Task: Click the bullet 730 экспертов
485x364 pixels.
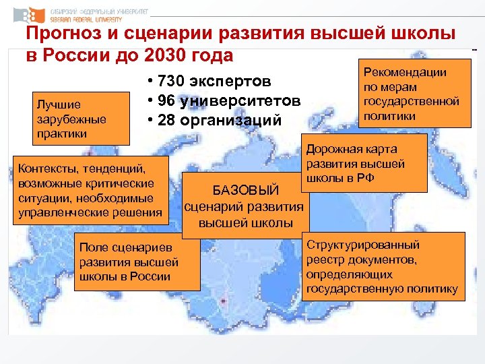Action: [x=209, y=82]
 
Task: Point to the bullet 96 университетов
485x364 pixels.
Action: [x=223, y=102]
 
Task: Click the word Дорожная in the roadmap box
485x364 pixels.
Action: [x=334, y=149]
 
